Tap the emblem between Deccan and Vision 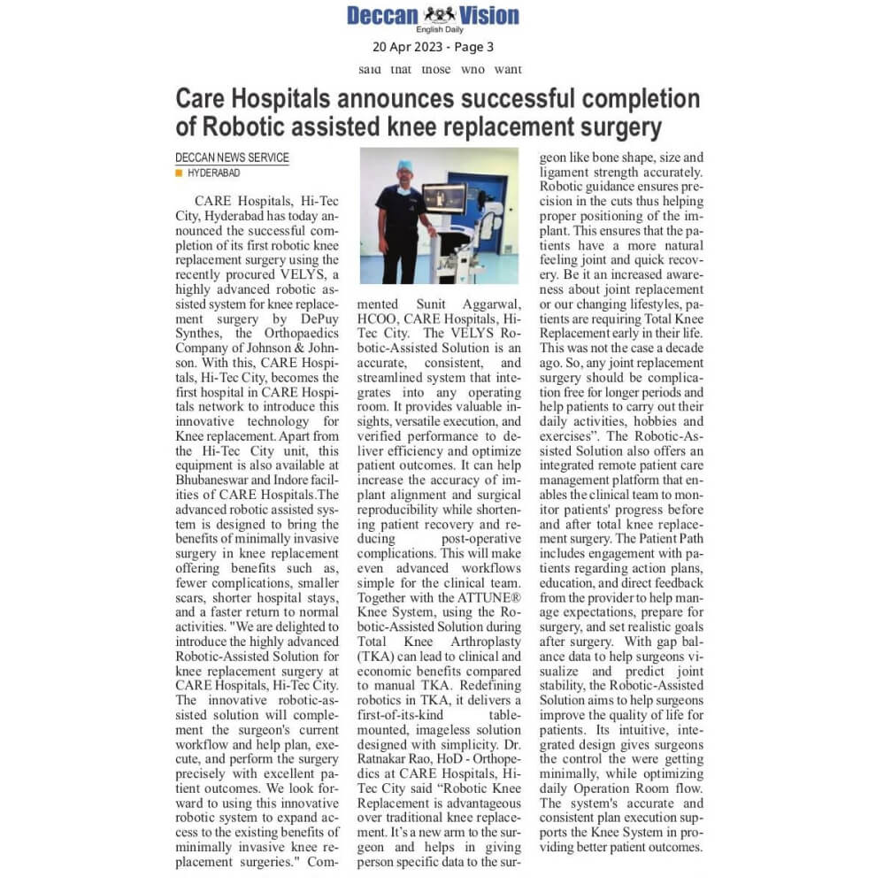[440, 14]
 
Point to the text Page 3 [473, 47]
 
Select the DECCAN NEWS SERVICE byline [232, 158]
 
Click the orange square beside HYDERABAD [180, 173]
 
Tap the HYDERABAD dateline [213, 173]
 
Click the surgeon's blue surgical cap [404, 165]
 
